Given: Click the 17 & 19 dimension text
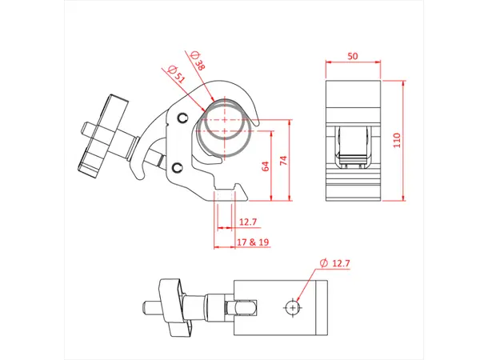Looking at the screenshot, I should click(251, 241).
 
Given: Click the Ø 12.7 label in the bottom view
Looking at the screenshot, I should click(335, 262).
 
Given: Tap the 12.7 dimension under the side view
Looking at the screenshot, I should click(249, 222).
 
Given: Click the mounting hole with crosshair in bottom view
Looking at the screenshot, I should click(295, 306).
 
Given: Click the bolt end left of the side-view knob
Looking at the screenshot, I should click(84, 127).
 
